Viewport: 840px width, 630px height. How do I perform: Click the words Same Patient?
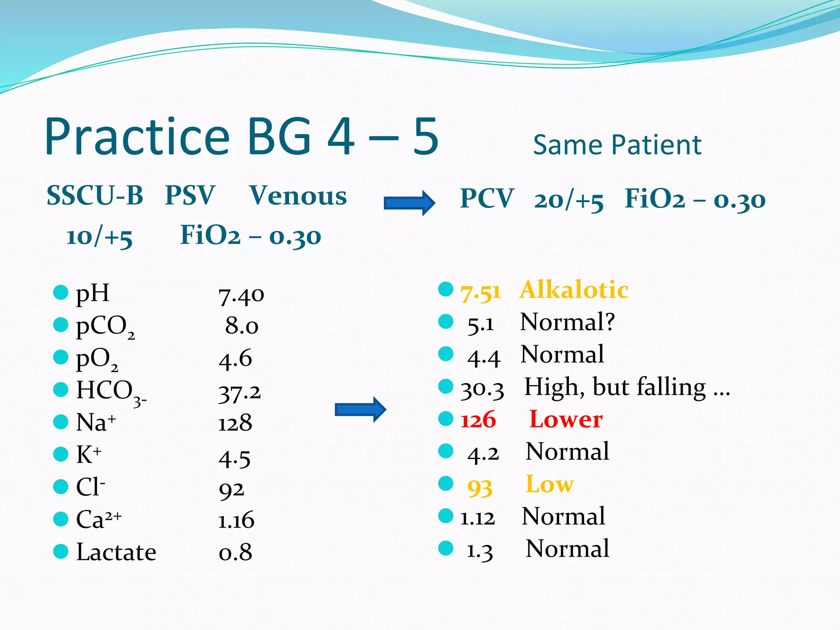coord(617,145)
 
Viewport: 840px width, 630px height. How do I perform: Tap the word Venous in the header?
coord(298,196)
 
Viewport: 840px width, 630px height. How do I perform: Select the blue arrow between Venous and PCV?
coord(409,203)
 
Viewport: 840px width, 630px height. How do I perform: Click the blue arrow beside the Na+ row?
coord(360,409)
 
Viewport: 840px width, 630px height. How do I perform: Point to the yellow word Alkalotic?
coord(573,290)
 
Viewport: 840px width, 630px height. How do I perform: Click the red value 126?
coord(478,420)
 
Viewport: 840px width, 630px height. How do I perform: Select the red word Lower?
coord(566,419)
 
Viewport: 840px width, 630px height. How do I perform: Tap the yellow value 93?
coord(479,487)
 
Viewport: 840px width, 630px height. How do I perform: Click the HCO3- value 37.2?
coord(240,393)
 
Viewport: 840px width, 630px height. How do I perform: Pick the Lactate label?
coord(116,552)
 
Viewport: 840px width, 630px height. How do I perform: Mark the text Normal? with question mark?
coord(567,322)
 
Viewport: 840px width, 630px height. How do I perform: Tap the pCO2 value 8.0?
coord(242,326)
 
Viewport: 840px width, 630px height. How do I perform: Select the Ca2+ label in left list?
coord(99,519)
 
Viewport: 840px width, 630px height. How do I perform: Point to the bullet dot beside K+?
coord(61,454)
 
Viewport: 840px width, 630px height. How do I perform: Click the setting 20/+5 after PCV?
coord(568,201)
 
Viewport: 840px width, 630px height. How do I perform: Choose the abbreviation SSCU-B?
coord(95,196)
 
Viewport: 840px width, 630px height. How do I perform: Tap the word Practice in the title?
coord(137,136)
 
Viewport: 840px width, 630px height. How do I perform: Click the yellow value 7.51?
coord(481,292)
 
